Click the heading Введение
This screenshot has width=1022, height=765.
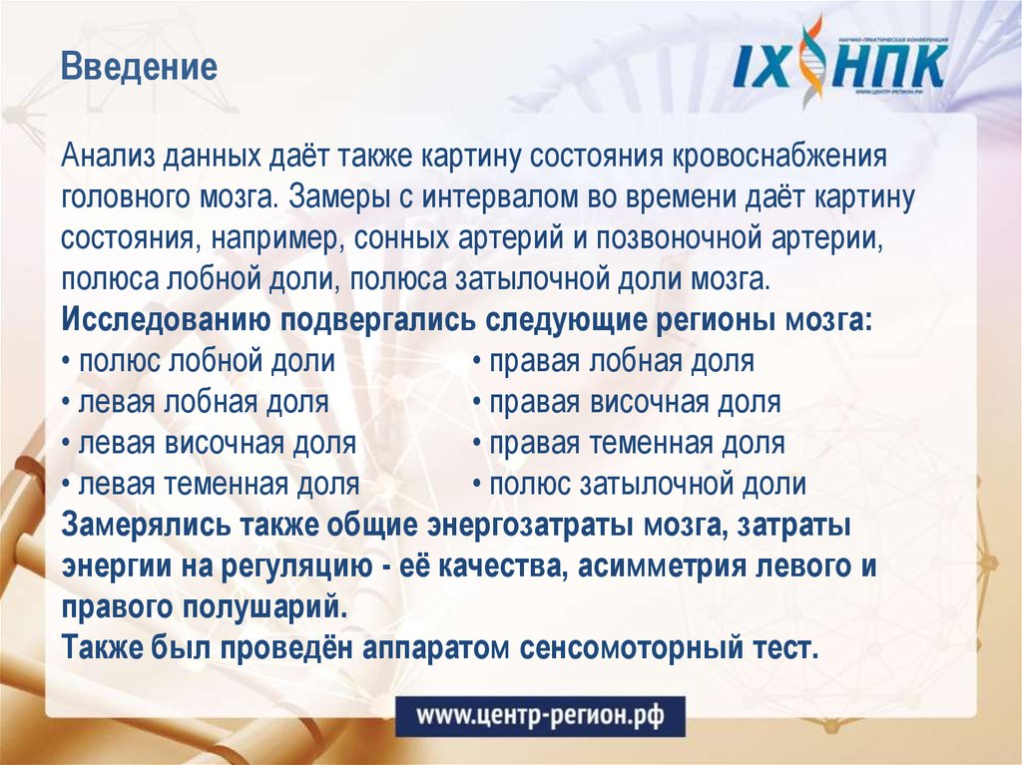[139, 69]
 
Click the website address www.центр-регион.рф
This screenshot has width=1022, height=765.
[540, 714]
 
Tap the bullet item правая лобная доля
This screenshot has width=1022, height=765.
[614, 361]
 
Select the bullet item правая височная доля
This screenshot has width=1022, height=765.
[627, 403]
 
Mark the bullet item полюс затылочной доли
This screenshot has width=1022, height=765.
[640, 486]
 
